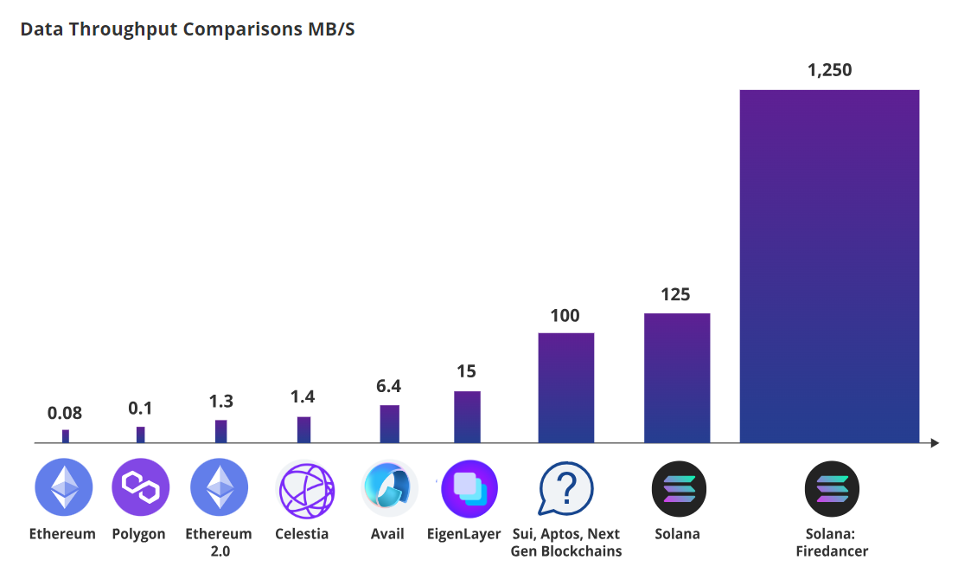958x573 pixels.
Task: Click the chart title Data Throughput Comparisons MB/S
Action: click(188, 29)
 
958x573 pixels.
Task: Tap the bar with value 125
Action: click(676, 378)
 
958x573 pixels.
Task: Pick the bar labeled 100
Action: click(565, 388)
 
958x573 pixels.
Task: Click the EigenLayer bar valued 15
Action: click(467, 417)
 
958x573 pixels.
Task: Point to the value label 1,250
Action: click(829, 70)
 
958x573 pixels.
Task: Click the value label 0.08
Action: click(65, 413)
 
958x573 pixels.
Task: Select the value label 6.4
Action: click(389, 386)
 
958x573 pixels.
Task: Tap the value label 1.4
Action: click(303, 397)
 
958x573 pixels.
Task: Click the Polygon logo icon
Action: click(140, 487)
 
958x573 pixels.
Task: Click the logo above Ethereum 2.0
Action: click(219, 487)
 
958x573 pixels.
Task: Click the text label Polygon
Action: click(138, 534)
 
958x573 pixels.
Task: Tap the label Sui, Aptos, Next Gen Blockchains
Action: click(565, 543)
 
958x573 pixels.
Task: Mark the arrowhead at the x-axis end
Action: click(935, 443)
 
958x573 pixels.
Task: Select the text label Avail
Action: click(387, 534)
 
